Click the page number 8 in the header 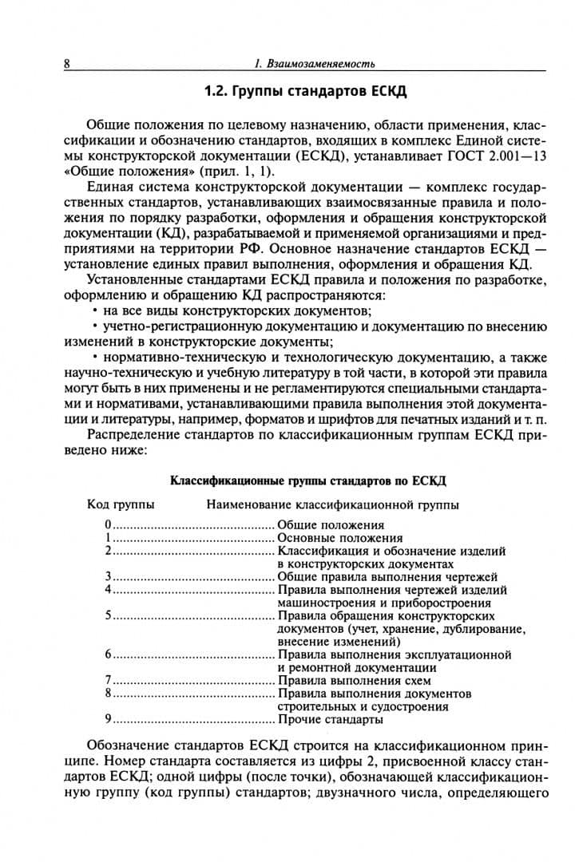[x=67, y=64]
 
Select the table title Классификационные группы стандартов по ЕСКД [x=308, y=481]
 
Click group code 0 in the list [x=107, y=525]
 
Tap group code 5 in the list [x=107, y=616]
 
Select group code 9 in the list [x=107, y=719]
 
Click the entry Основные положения [x=340, y=538]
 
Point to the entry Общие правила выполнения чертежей [x=387, y=576]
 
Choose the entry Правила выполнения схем [x=354, y=681]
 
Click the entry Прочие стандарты [x=330, y=719]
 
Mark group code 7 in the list [x=107, y=681]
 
